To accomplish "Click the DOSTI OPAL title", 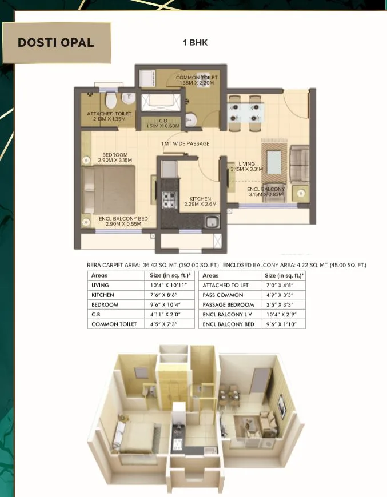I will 55,43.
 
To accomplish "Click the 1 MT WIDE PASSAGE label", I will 185,143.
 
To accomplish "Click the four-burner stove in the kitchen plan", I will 170,199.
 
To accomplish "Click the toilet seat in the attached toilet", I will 114,101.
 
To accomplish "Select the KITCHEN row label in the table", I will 103,295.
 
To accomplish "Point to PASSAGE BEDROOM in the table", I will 228,304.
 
